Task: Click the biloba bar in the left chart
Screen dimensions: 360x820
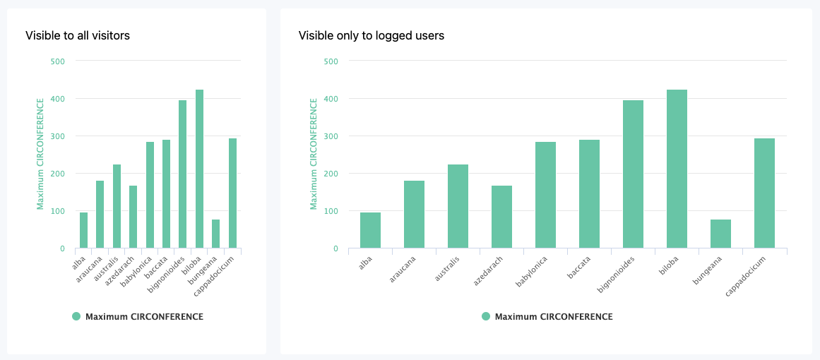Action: coord(199,169)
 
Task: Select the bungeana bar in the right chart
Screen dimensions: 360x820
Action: coord(720,234)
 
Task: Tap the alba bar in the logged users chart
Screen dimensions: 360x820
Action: coord(370,230)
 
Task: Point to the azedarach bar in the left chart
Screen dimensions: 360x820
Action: coord(133,217)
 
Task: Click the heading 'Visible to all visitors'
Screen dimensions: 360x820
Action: coord(78,35)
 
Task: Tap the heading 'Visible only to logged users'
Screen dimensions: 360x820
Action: coord(372,35)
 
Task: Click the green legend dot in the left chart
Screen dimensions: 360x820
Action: coord(76,317)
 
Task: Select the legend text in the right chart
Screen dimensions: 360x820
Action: coord(554,317)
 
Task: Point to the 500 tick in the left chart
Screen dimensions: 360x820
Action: coord(58,61)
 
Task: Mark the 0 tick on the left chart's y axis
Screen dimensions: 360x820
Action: coord(62,248)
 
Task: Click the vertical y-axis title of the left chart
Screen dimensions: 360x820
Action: coord(40,154)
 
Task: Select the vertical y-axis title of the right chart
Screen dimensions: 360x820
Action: coord(314,154)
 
